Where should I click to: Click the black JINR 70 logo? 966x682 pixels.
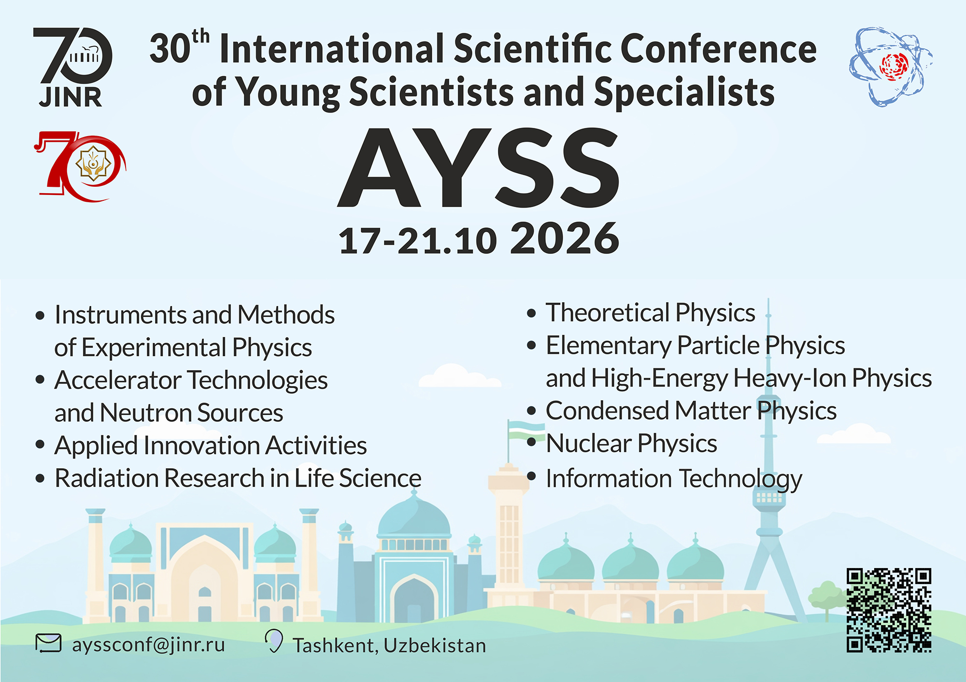72,67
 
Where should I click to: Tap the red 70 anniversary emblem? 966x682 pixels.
80,166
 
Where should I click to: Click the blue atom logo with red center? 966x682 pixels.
890,66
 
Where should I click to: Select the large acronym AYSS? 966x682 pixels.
478,167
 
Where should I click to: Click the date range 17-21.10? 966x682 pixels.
418,240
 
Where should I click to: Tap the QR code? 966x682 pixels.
889,611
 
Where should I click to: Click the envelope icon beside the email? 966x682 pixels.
48,643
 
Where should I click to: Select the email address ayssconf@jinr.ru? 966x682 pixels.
148,644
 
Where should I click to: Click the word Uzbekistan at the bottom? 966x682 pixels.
435,645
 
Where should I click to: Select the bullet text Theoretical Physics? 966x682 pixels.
650,313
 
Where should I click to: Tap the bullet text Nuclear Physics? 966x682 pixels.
631,444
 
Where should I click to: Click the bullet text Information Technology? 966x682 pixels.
674,479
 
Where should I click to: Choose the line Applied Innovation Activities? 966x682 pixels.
211,445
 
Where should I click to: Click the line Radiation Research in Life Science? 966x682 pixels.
238,478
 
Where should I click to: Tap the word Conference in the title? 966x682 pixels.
718,49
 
